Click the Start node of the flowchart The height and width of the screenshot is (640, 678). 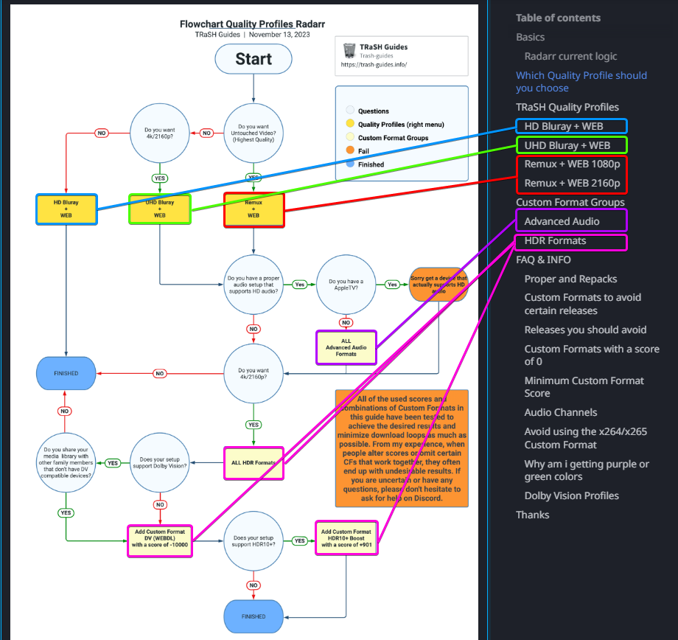[x=254, y=59]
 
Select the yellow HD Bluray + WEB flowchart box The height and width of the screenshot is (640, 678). [x=66, y=209]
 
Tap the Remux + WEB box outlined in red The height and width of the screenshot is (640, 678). [x=254, y=209]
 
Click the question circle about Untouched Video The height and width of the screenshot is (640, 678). [x=254, y=133]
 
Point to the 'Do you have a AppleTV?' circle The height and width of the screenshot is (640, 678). [x=346, y=285]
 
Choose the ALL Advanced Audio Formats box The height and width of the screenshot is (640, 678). [x=346, y=347]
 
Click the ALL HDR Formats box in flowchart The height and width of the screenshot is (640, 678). [x=254, y=462]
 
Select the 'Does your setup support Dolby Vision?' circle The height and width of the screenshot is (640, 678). [x=160, y=462]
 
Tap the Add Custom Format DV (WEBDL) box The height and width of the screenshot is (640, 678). [x=160, y=540]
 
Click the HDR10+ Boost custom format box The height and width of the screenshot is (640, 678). [x=346, y=538]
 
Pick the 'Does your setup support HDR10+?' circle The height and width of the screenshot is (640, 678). [x=254, y=540]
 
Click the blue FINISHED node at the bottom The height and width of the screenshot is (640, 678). [x=254, y=616]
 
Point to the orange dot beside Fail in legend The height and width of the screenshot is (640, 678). [x=350, y=151]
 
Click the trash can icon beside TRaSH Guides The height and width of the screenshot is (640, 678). [x=349, y=50]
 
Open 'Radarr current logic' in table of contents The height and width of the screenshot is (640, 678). [x=570, y=56]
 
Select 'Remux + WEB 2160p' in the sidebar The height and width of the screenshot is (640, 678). [x=572, y=183]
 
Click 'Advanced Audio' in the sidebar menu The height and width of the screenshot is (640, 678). [x=562, y=221]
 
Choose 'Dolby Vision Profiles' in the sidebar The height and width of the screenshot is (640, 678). [x=571, y=495]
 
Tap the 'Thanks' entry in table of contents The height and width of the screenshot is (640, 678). [x=532, y=515]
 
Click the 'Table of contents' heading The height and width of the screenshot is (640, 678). [x=558, y=18]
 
